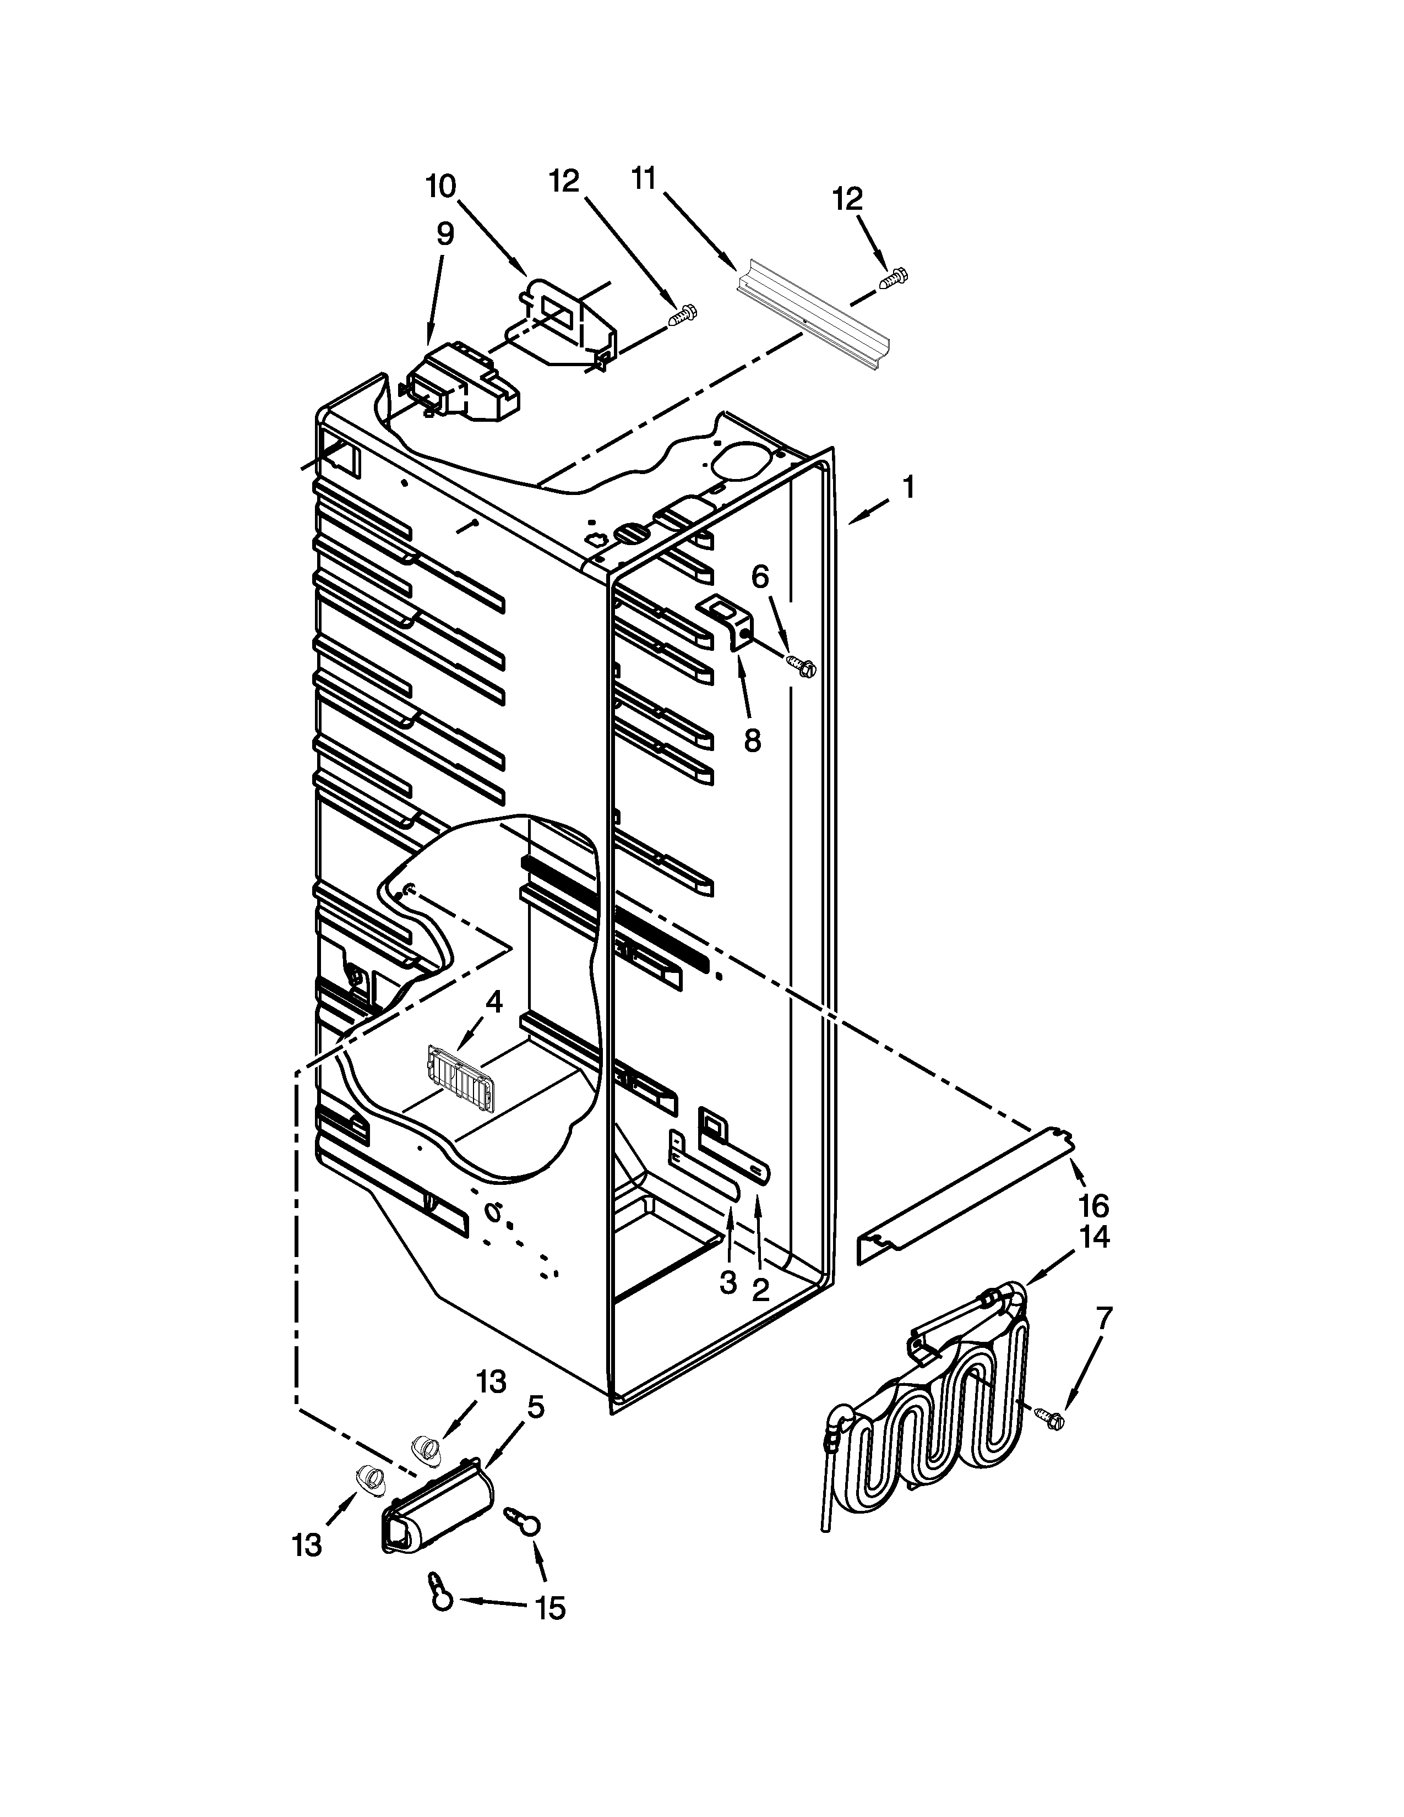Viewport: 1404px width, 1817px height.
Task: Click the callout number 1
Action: coord(908,487)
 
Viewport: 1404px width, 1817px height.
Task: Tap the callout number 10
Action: coord(441,186)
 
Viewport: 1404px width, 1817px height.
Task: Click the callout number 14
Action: coord(1096,1237)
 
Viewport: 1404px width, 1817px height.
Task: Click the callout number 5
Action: coord(536,1407)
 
